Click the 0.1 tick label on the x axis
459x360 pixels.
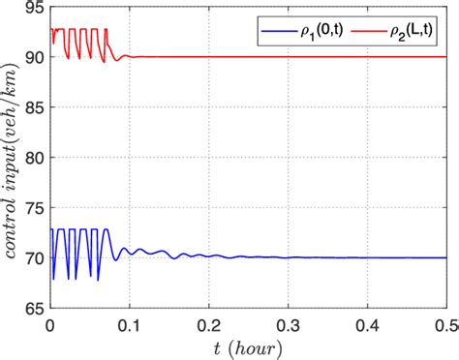[129, 324]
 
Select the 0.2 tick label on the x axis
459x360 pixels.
[208, 324]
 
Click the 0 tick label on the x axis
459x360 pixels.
[49, 324]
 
